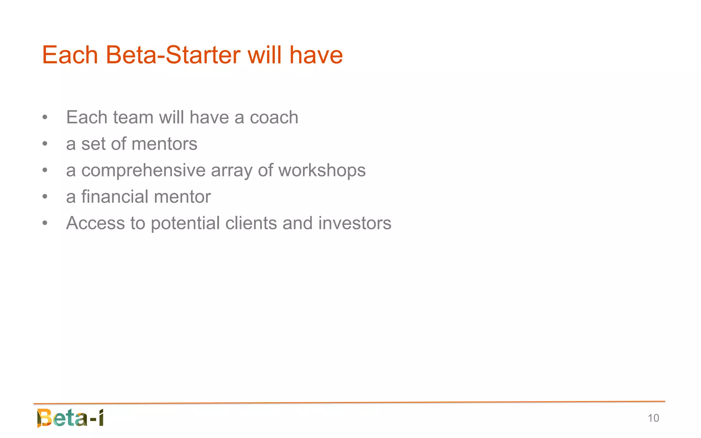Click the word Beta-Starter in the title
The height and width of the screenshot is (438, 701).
pyautogui.click(x=173, y=55)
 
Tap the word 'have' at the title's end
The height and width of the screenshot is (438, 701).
pyautogui.click(x=316, y=55)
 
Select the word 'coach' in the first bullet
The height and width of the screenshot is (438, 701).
pyautogui.click(x=274, y=117)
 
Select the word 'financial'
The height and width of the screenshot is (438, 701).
pyautogui.click(x=115, y=197)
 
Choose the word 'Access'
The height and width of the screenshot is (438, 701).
pyautogui.click(x=95, y=223)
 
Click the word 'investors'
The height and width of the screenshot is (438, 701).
pyautogui.click(x=355, y=223)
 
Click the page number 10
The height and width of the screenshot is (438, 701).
pyautogui.click(x=653, y=418)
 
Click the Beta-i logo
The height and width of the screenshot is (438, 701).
pyautogui.click(x=70, y=418)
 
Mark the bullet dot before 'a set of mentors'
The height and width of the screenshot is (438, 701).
pyautogui.click(x=45, y=144)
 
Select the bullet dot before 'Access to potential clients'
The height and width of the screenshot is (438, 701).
pyautogui.click(x=45, y=223)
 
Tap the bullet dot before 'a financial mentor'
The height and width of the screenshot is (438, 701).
pyautogui.click(x=45, y=197)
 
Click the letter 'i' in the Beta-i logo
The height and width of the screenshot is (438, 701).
pyautogui.click(x=101, y=417)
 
